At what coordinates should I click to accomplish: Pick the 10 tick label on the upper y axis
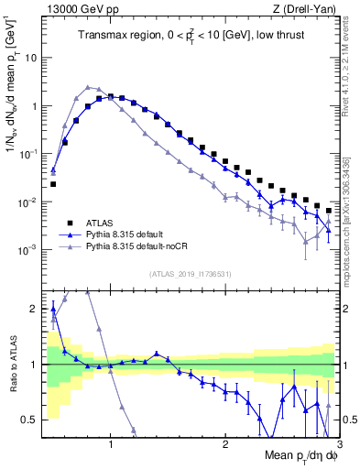coord(30,58)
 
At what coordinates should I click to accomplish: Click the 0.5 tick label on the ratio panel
coord(28,420)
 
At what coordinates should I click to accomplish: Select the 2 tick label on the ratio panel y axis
coord(34,309)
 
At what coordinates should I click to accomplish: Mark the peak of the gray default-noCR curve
coord(87,87)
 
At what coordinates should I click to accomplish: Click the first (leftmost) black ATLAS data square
coord(53,184)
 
